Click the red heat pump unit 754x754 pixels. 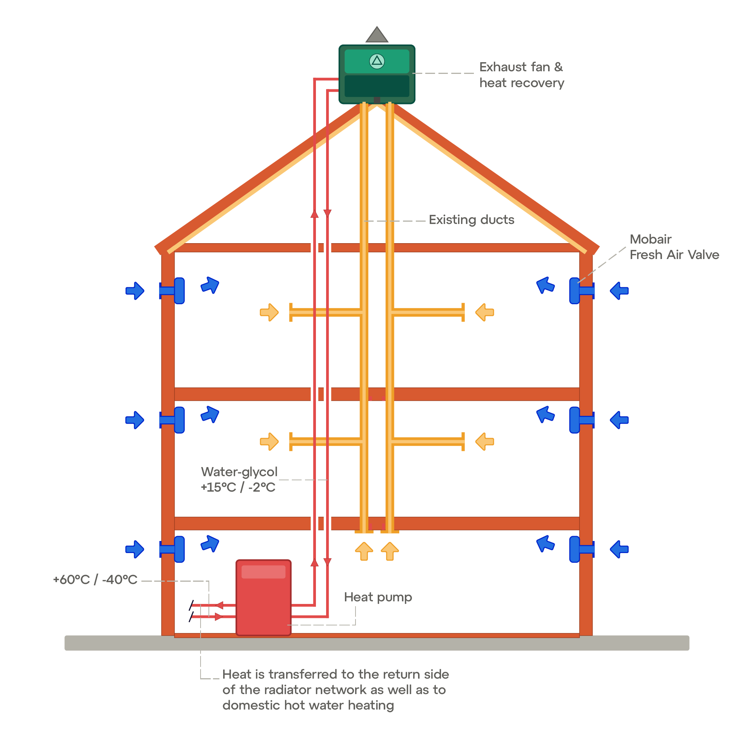pyautogui.click(x=264, y=598)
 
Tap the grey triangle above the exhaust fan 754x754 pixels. pyautogui.click(x=377, y=34)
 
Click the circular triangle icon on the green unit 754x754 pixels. pyautogui.click(x=377, y=61)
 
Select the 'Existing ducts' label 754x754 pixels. pyautogui.click(x=472, y=220)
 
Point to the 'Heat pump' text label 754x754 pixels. pyautogui.click(x=378, y=597)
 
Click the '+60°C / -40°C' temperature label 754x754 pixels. pyautogui.click(x=95, y=579)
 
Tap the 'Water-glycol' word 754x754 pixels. pyautogui.click(x=239, y=472)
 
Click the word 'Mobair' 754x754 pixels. pyautogui.click(x=651, y=239)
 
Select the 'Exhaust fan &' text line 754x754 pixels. pyautogui.click(x=521, y=67)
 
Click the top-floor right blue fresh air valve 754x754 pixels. pyautogui.click(x=581, y=291)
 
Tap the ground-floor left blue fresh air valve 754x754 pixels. pyautogui.click(x=172, y=549)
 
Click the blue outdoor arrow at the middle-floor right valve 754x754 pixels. pyautogui.click(x=619, y=420)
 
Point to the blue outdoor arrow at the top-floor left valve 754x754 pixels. pyautogui.click(x=135, y=291)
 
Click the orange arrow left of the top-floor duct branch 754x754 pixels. pyautogui.click(x=269, y=312)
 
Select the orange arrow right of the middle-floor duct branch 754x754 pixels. pyautogui.click(x=485, y=441)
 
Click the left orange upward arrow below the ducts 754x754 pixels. pyautogui.click(x=364, y=551)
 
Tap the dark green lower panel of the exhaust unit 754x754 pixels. pyautogui.click(x=377, y=86)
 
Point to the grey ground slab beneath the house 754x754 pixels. pyautogui.click(x=377, y=643)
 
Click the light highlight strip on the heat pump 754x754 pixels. pyautogui.click(x=264, y=572)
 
